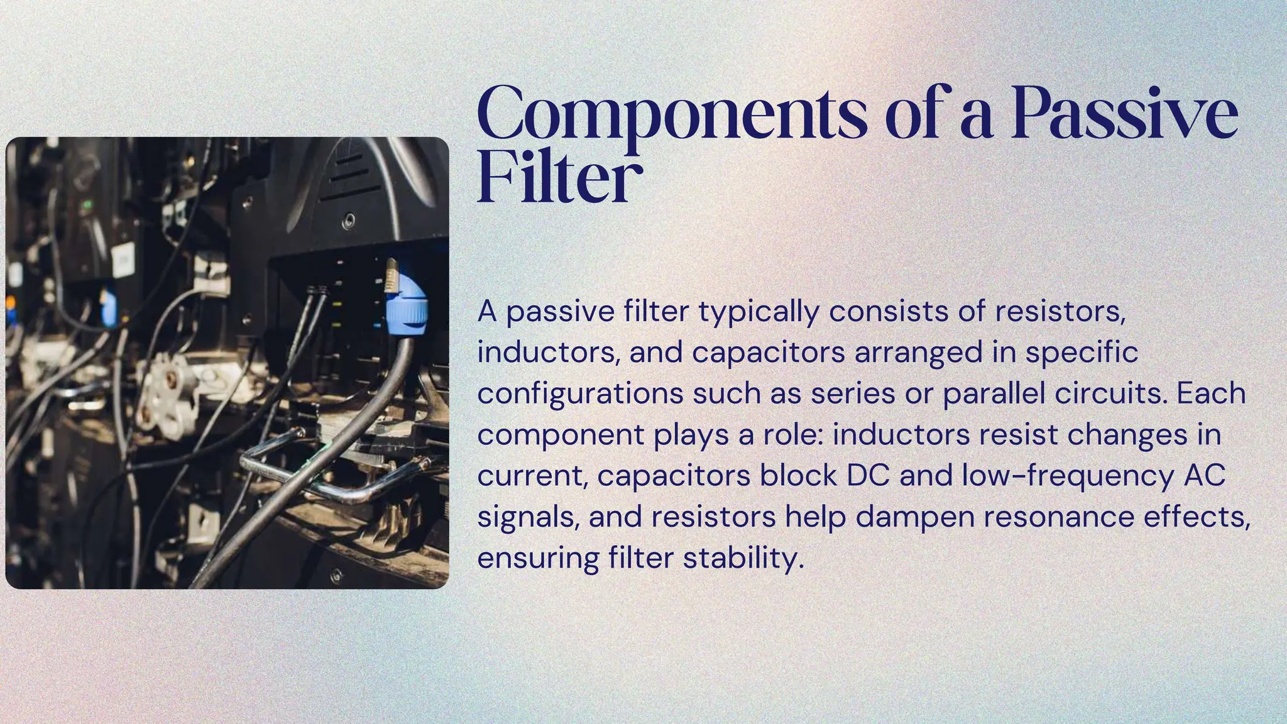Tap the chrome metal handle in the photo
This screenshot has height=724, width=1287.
pyautogui.click(x=314, y=478)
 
